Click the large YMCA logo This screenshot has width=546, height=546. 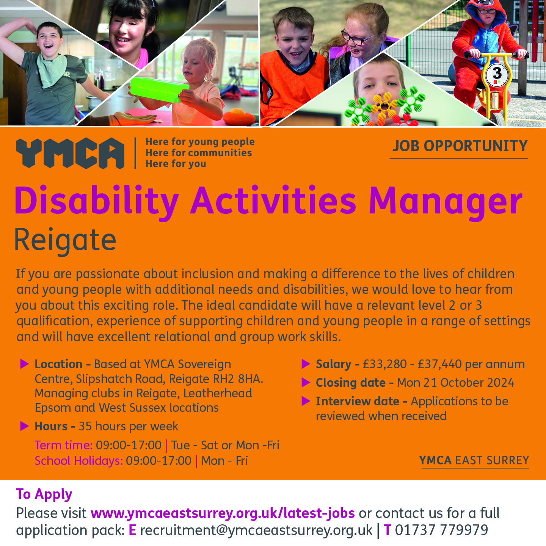click(x=70, y=153)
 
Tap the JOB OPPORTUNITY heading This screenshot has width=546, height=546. click(x=460, y=146)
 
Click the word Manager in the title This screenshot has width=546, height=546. click(x=446, y=201)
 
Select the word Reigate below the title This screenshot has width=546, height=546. click(x=65, y=241)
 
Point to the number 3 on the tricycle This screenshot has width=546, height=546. click(x=497, y=74)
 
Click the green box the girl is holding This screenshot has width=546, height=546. click(x=160, y=89)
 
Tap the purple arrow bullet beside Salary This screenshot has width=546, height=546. click(x=306, y=364)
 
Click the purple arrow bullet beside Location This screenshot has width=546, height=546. click(x=25, y=364)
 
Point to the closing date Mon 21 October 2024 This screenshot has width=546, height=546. click(x=455, y=383)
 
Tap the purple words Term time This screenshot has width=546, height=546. click(x=63, y=445)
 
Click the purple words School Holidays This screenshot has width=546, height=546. click(x=79, y=461)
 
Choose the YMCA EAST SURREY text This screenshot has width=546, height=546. click(x=474, y=460)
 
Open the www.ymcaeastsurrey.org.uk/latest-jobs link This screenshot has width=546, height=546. click(x=223, y=513)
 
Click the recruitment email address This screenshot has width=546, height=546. click(x=256, y=530)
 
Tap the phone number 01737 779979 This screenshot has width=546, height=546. click(x=441, y=530)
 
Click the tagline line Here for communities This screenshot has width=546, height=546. click(x=199, y=153)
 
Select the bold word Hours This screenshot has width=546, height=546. click(x=51, y=427)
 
